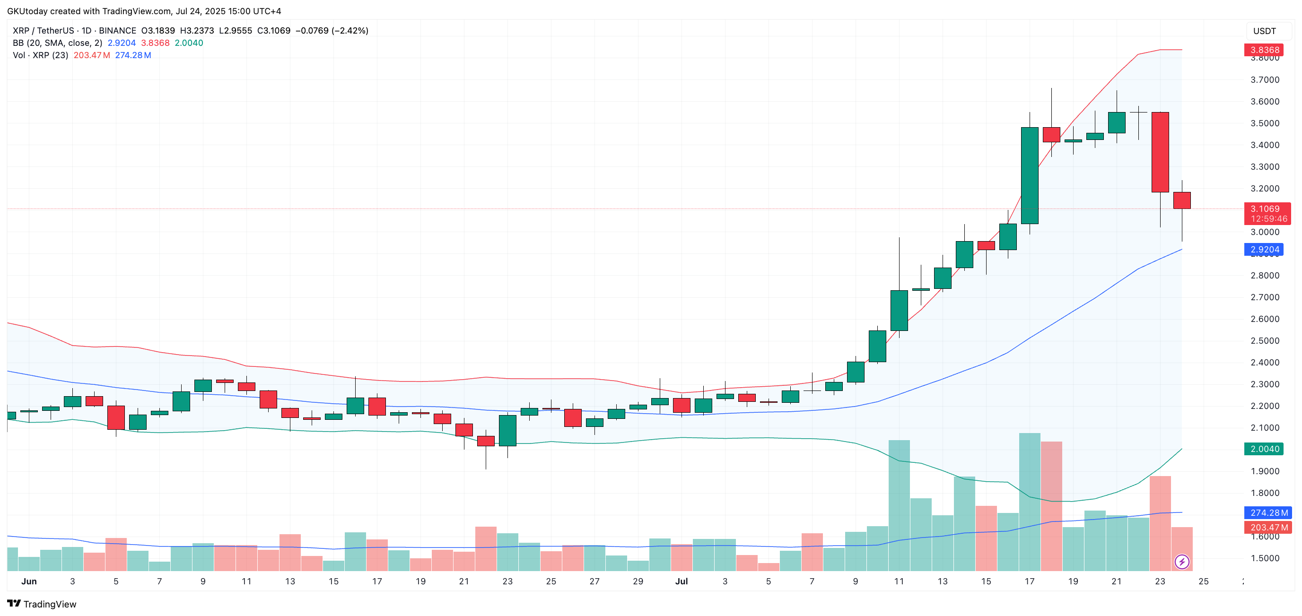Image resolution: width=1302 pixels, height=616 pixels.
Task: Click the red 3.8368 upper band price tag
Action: click(1265, 50)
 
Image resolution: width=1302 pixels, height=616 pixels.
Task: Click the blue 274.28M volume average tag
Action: click(1268, 512)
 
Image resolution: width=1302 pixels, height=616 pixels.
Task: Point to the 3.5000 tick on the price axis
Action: click(1265, 123)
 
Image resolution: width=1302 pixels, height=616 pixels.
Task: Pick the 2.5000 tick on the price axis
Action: click(1265, 340)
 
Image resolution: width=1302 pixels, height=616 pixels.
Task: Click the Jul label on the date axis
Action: click(682, 581)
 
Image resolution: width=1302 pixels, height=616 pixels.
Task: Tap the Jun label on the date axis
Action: click(29, 581)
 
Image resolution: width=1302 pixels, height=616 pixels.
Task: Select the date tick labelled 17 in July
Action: click(1030, 581)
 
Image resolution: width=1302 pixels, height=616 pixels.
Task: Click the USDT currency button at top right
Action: click(1264, 31)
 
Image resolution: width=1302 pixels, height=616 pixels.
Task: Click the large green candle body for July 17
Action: click(1030, 175)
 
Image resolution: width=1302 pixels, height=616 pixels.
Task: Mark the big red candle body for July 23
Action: click(1160, 152)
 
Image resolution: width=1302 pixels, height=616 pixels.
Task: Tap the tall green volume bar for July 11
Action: click(899, 505)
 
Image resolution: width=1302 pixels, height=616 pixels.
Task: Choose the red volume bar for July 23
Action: click(1160, 523)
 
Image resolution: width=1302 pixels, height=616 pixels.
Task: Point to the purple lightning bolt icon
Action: click(1182, 562)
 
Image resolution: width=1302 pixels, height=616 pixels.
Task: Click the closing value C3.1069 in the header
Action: click(273, 30)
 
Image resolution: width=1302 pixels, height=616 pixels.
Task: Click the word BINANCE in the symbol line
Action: click(117, 30)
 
